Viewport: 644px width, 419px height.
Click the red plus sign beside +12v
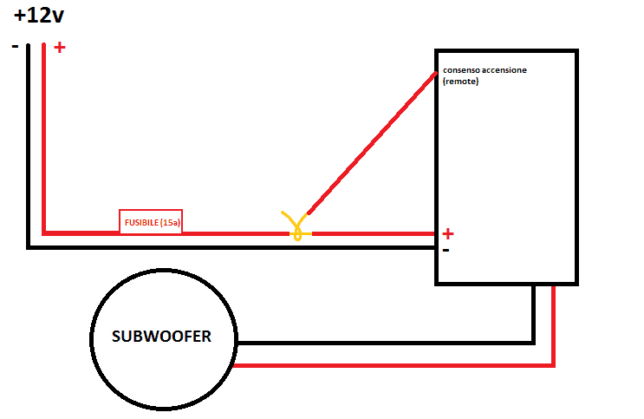click(59, 48)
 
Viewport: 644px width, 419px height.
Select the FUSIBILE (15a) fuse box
click(151, 222)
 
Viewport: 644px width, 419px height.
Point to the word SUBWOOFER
click(161, 337)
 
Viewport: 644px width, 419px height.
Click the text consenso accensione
click(483, 70)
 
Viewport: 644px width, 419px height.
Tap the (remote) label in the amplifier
click(460, 82)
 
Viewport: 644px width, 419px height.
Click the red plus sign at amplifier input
click(447, 233)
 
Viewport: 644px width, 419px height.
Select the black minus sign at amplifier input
click(446, 250)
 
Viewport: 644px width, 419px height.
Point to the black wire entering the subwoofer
click(381, 342)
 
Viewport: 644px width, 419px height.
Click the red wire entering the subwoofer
click(390, 366)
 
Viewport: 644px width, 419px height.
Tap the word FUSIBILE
click(140, 222)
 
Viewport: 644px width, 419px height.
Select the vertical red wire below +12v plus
click(43, 139)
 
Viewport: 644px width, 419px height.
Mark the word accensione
click(501, 70)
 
